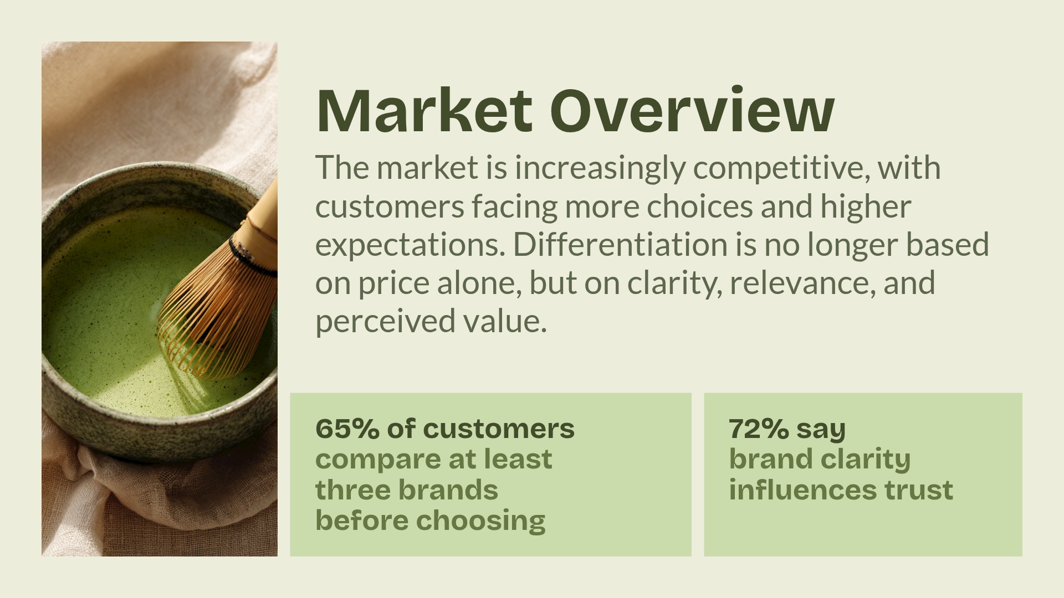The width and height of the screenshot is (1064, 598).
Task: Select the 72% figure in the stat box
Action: pos(758,429)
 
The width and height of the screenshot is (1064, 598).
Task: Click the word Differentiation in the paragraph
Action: pos(620,245)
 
